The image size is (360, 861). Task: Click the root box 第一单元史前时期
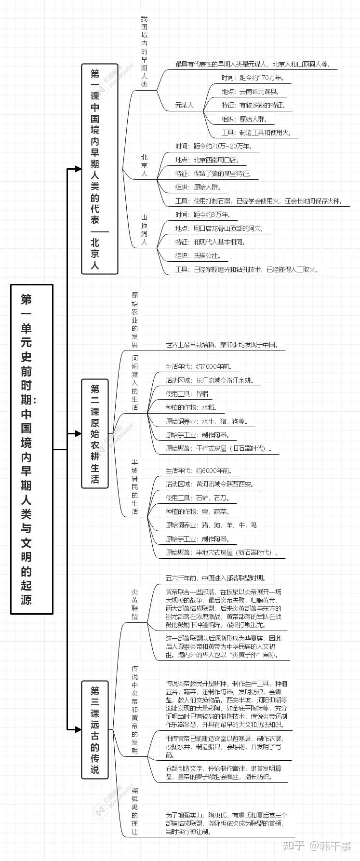(x=32, y=449)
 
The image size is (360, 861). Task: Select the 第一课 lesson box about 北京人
(x=99, y=168)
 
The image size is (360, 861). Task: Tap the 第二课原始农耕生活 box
(x=95, y=434)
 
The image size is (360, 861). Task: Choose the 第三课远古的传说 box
(x=95, y=730)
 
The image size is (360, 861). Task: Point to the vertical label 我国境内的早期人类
(x=144, y=52)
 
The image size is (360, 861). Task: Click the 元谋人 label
(x=184, y=105)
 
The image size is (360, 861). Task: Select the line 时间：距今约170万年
(x=253, y=78)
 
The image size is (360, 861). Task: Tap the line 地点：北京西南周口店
(x=207, y=160)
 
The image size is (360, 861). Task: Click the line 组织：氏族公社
(x=198, y=256)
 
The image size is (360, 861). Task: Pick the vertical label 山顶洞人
(x=144, y=230)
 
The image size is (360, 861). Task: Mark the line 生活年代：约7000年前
(x=199, y=367)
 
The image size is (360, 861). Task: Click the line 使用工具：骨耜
(x=187, y=394)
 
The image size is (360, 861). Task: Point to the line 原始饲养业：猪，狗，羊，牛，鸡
(x=211, y=525)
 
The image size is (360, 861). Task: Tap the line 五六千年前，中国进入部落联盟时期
(x=215, y=578)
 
